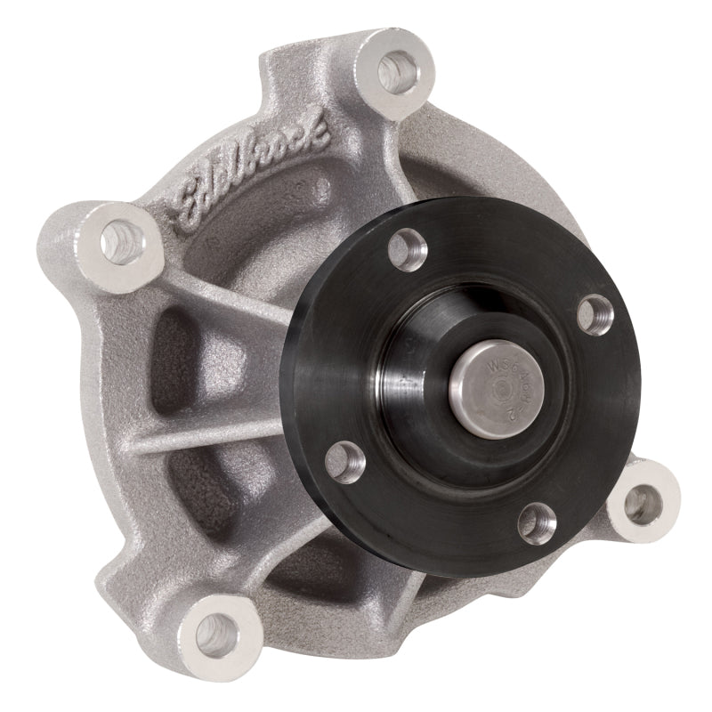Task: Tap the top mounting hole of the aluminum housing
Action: pyautogui.click(x=393, y=71)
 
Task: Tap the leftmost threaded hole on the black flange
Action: pyautogui.click(x=344, y=460)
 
